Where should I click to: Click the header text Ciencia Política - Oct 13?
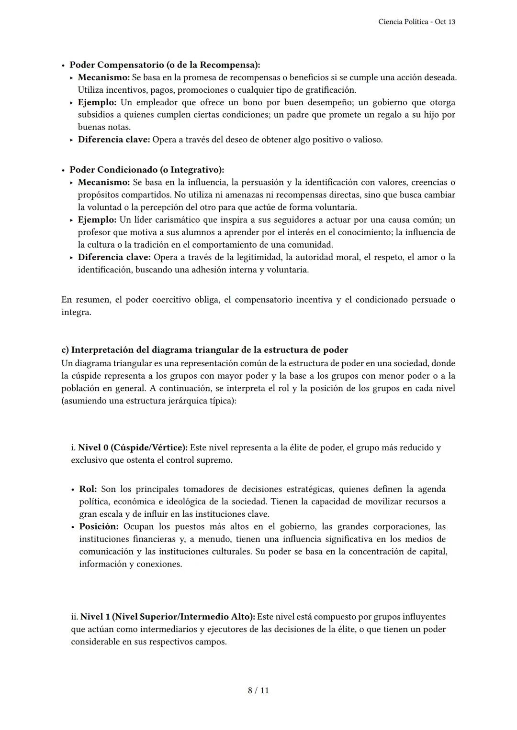pos(416,22)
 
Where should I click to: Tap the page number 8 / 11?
pos(258,690)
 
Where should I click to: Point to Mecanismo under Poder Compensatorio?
pos(103,77)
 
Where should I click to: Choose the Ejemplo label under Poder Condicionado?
pos(97,219)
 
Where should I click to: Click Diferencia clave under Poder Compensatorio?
pos(114,140)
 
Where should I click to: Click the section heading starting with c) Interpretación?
pos(204,349)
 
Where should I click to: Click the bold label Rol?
pos(88,489)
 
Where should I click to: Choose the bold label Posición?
pos(99,526)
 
